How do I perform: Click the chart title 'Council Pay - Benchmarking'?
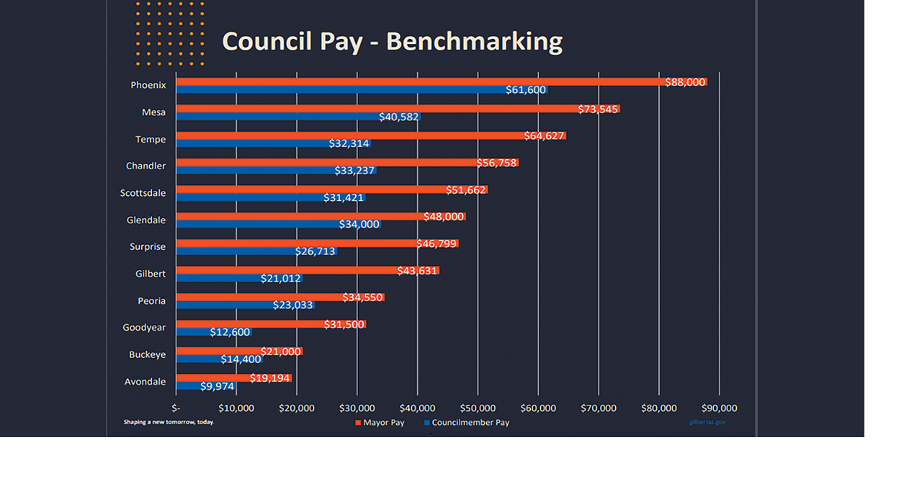point(392,41)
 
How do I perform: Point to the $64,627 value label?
point(544,135)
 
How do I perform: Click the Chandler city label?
point(146,166)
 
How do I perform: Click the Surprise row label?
point(148,246)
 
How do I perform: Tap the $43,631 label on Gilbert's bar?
point(417,271)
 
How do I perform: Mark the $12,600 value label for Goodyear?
point(230,332)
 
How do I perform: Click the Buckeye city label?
point(147,354)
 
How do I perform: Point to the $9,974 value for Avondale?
point(218,386)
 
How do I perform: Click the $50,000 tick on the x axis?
point(478,408)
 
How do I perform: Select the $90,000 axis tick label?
point(718,408)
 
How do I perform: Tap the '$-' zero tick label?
point(176,408)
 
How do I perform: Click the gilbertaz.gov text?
point(707,422)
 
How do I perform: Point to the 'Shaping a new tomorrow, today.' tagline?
point(169,422)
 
